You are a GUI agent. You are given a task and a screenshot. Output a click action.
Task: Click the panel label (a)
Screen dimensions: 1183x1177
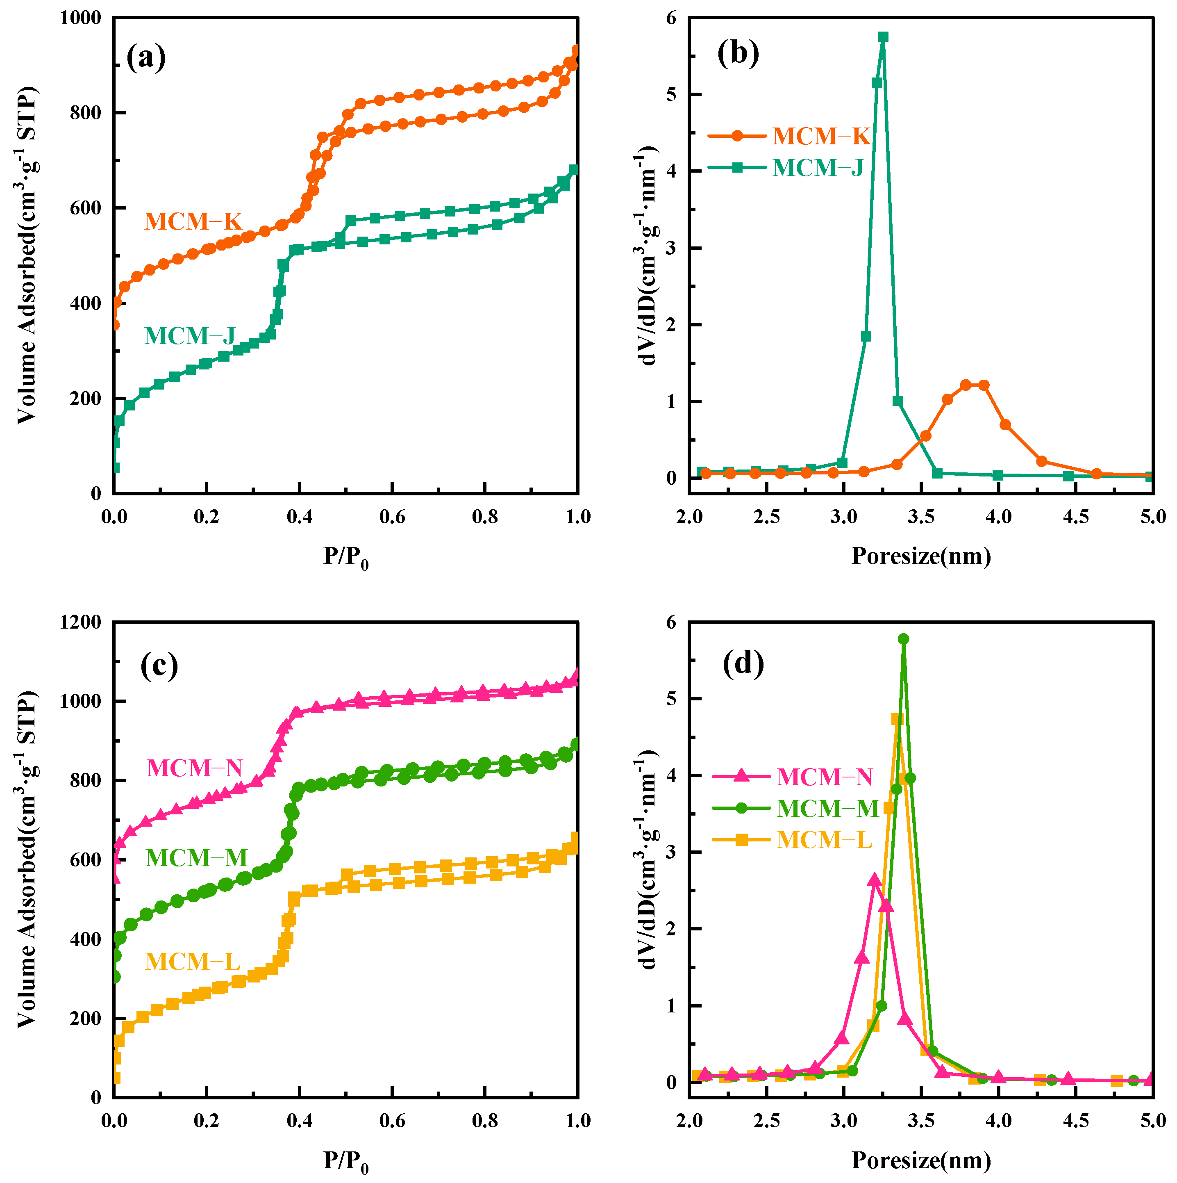(x=145, y=58)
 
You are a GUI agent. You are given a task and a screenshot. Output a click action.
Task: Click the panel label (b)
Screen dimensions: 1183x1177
(x=738, y=53)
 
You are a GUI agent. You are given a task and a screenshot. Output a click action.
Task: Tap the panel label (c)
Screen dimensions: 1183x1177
(x=159, y=664)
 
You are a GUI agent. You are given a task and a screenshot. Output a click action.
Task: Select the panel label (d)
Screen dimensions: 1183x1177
(x=743, y=663)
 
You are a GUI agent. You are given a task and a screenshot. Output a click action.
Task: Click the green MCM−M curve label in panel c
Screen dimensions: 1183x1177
(x=196, y=858)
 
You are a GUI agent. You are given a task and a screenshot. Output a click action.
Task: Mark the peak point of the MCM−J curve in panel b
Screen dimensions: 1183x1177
(x=883, y=37)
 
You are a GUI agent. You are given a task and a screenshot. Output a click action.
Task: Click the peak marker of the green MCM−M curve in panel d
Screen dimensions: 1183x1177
(x=903, y=638)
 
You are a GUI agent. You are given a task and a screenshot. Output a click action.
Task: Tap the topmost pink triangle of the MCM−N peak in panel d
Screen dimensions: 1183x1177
(x=874, y=880)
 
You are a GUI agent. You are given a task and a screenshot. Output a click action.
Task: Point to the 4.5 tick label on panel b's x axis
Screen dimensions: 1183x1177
(x=1076, y=517)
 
